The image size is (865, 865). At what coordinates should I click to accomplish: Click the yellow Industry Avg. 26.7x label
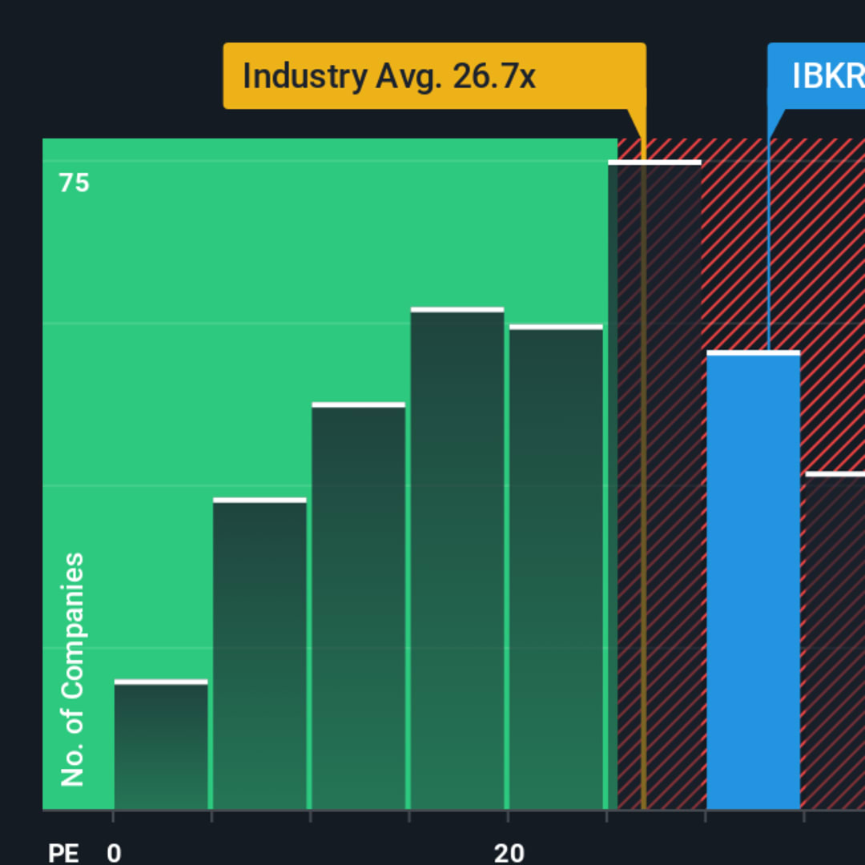click(x=434, y=76)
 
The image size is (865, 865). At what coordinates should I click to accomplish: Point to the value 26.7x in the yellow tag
click(x=494, y=77)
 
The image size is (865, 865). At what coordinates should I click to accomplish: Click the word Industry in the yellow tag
click(x=304, y=77)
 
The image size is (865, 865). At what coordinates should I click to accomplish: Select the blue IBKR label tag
click(x=817, y=76)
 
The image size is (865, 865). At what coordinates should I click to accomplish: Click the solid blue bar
click(x=753, y=585)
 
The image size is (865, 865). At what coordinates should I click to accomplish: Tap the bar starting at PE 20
click(x=556, y=569)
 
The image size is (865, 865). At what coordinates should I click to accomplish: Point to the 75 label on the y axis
click(x=74, y=183)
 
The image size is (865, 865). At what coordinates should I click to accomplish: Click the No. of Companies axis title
click(x=73, y=670)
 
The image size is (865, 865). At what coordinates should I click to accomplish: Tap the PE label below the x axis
click(x=63, y=853)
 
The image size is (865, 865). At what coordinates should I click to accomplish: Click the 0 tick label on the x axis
click(x=114, y=853)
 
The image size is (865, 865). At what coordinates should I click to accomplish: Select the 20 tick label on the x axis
click(x=509, y=853)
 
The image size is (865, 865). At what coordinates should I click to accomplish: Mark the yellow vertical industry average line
click(x=643, y=481)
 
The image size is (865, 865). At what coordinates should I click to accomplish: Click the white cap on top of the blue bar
click(x=753, y=352)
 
